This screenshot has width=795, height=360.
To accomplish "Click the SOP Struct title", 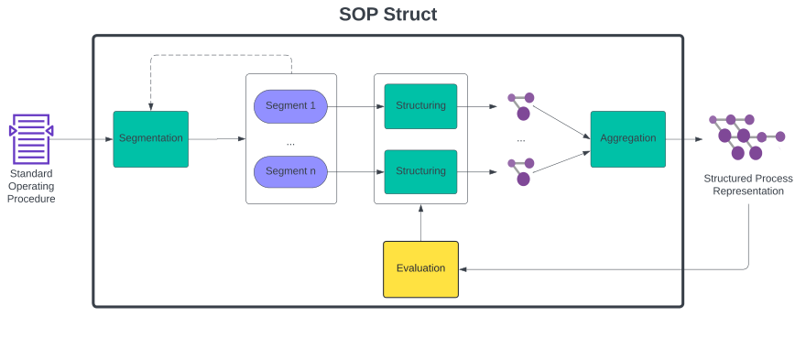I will click(387, 15).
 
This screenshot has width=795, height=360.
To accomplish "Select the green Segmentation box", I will click(150, 139).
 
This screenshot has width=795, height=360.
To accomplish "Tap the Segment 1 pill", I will click(290, 106).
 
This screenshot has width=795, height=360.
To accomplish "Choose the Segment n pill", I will click(290, 171).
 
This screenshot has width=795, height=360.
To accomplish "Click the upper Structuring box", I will click(420, 106).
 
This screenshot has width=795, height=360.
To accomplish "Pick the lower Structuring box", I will click(420, 171).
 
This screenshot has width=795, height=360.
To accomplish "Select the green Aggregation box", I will click(627, 139).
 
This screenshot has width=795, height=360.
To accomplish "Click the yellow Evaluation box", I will click(420, 268).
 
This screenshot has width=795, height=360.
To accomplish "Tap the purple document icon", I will click(31, 139).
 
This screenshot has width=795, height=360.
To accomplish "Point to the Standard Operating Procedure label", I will click(31, 186).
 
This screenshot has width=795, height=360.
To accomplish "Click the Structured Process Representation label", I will click(748, 185).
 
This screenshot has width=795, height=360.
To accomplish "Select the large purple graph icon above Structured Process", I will click(745, 137).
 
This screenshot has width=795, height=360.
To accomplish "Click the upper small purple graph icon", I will click(521, 105).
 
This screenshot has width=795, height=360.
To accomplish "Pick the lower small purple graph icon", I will click(521, 170).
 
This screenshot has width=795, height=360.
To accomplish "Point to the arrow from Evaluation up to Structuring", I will click(420, 222).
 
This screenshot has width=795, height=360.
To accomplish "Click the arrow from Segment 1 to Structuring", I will click(355, 106).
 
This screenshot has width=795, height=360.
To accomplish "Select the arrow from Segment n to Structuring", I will click(355, 171).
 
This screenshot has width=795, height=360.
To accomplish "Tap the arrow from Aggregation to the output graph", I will click(684, 139).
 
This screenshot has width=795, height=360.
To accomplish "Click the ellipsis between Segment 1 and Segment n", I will click(290, 143).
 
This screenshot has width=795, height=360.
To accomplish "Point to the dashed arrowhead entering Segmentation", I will click(150, 106).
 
